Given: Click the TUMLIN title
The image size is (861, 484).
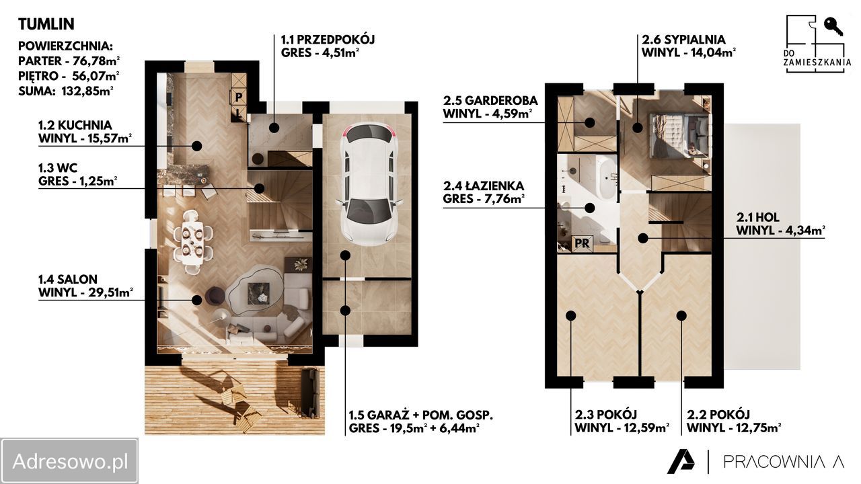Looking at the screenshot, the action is (x=46, y=24).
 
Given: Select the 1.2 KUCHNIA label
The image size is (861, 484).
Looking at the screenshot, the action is (x=75, y=125).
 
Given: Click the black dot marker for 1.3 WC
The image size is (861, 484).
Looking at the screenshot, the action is (x=260, y=189).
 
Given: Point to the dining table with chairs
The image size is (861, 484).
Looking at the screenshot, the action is (x=192, y=241).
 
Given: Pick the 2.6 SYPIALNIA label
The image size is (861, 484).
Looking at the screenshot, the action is (x=683, y=40).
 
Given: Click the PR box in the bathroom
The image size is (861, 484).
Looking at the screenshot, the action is (x=582, y=243).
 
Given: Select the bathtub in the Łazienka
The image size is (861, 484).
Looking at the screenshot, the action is (x=607, y=178).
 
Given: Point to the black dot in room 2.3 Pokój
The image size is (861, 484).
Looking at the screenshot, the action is (x=571, y=316).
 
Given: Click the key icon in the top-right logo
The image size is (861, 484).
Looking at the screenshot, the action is (x=833, y=26).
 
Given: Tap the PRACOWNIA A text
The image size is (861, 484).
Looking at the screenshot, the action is (x=784, y=462).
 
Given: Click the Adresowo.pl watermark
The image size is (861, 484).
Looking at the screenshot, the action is (x=69, y=461).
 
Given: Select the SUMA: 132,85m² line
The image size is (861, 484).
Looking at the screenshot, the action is (x=66, y=91).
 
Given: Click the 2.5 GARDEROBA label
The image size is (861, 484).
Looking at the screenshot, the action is (x=490, y=101).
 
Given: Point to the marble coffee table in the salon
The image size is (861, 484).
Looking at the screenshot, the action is (x=258, y=292).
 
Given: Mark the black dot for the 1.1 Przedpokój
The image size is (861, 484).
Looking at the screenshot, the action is (x=274, y=128).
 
